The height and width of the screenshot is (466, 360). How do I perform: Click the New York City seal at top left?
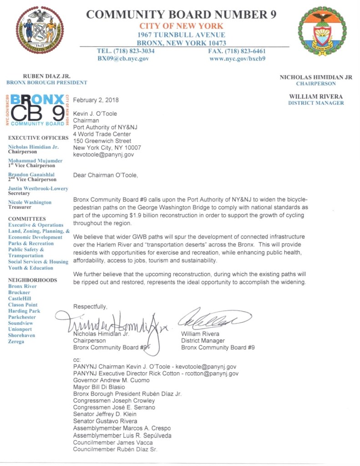[x=39, y=30]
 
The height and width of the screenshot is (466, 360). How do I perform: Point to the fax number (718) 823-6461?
[x=237, y=51]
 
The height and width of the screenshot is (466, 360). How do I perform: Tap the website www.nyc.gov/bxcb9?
[x=237, y=58]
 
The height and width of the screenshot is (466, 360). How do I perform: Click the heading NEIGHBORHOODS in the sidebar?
[x=33, y=280]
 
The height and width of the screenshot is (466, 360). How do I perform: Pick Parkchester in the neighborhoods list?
[x=22, y=317]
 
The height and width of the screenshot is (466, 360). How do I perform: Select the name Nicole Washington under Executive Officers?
[x=30, y=202]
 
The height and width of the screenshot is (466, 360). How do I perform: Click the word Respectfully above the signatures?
[x=91, y=306]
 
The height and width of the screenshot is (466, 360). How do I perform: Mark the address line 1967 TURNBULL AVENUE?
[x=182, y=35]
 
